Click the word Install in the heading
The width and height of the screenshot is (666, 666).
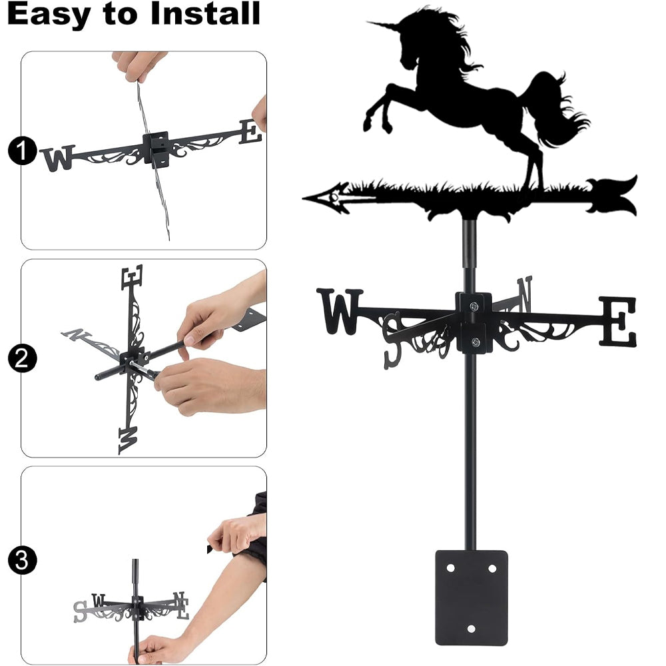pos(206,13)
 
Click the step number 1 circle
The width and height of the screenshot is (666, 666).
pos(22,151)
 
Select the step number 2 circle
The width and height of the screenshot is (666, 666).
pos(22,358)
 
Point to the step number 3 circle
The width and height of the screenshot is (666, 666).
pos(22,560)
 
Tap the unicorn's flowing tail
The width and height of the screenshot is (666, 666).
pos(556,109)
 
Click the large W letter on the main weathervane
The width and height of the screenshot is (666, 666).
pos(340,311)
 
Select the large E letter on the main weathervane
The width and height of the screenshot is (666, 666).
pos(618,322)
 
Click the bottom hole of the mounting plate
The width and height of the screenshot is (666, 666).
pos(471,629)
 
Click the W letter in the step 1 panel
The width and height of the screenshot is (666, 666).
pos(58,158)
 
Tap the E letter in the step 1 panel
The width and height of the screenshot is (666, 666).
pos(250,132)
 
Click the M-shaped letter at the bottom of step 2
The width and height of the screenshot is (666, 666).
pos(128,440)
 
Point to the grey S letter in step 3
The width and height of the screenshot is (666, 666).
pos(81,611)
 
